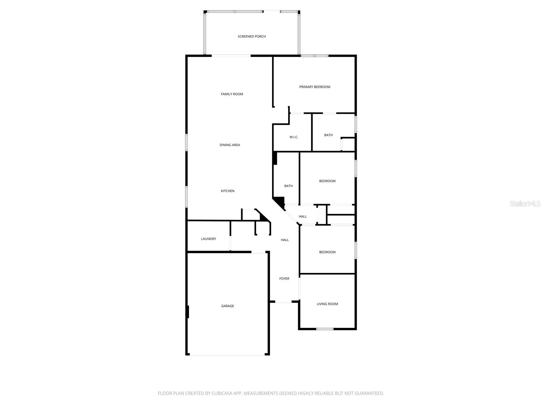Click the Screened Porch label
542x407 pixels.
252,36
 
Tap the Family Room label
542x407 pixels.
232,94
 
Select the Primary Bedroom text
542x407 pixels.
315,87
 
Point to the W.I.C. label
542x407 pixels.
294,137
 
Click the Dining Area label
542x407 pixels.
230,145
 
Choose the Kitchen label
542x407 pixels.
228,191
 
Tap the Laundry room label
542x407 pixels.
208,239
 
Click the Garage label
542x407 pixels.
227,306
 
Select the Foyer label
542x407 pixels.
284,278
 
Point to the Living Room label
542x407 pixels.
327,304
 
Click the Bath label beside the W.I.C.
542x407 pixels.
328,135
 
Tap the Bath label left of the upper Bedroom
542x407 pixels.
288,186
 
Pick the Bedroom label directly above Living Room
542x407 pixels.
327,252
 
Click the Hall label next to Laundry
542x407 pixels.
285,240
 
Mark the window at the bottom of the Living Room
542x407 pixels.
325,329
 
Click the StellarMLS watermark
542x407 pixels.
525,203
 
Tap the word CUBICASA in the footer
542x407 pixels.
222,393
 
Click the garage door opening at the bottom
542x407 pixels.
227,355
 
